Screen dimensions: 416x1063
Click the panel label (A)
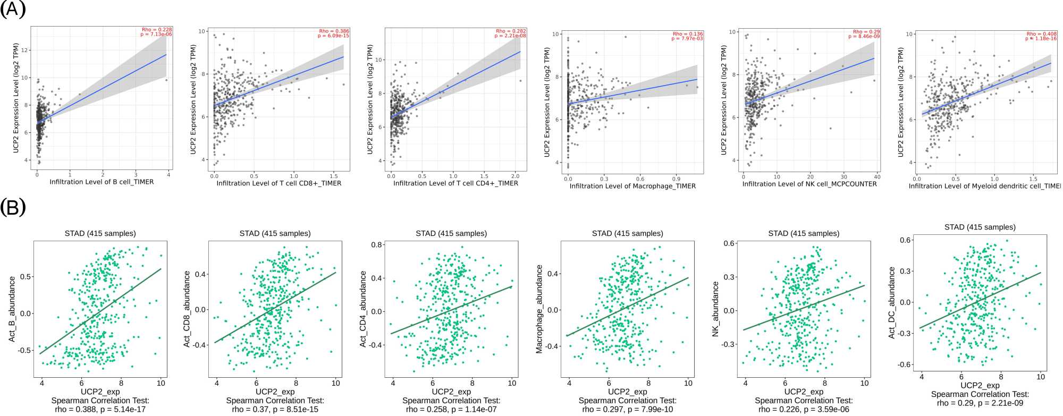tap(13, 9)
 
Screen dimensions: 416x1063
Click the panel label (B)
tap(13, 207)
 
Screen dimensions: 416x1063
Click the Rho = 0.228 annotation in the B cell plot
tap(157, 30)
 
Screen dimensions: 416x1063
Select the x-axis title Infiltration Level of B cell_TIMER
tap(102, 182)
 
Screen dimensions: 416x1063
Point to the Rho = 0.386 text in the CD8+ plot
tap(334, 31)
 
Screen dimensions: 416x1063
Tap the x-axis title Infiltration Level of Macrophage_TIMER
tap(632, 186)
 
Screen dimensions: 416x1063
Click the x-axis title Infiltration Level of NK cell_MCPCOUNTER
tap(809, 184)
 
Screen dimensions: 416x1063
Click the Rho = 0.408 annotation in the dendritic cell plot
tap(1041, 34)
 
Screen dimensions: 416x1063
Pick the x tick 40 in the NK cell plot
tap(877, 177)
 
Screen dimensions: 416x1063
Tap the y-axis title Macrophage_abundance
tap(539, 309)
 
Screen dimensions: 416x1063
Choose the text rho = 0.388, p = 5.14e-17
tap(100, 409)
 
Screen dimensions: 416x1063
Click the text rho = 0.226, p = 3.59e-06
tap(804, 409)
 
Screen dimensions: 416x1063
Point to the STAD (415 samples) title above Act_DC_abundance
tap(980, 227)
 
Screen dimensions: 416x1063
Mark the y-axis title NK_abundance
tap(715, 309)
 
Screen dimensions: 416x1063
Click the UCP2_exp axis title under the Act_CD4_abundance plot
tap(451, 392)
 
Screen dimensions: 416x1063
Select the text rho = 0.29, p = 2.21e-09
tap(980, 403)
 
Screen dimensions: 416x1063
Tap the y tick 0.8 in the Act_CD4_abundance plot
tap(377, 245)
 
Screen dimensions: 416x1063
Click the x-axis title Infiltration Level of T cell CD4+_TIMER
tap(455, 183)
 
